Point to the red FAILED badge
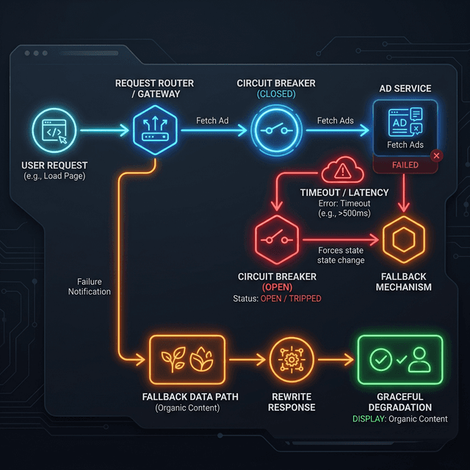coord(405,165)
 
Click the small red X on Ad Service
coord(437,156)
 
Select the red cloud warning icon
coord(343,171)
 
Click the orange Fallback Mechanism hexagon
coord(403,239)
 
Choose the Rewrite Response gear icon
coord(292,361)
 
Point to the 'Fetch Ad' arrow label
coord(212,120)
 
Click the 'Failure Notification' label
coord(90,286)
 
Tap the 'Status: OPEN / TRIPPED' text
coord(276,299)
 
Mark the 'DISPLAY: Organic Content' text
coord(400,419)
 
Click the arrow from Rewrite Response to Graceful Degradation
coord(334,361)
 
